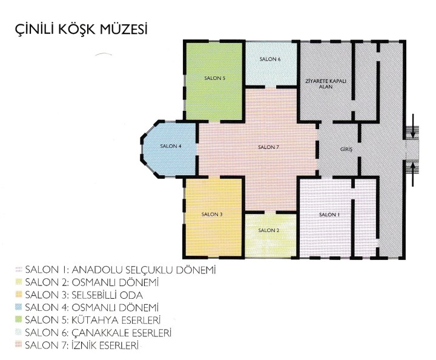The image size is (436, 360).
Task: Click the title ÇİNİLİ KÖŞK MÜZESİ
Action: pos(81,30)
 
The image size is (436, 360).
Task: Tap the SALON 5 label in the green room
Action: pos(214,78)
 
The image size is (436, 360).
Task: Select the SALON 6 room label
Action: pos(270,59)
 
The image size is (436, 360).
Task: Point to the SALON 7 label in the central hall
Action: pos(268,147)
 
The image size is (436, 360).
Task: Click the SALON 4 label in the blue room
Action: pos(171,146)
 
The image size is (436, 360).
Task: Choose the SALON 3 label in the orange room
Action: pos(212,214)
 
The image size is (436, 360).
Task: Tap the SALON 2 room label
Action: pos(269,230)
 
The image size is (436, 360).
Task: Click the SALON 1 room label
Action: pos(329,215)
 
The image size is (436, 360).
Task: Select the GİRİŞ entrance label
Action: pos(346,150)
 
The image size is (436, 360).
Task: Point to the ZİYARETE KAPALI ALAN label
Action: pos(326,84)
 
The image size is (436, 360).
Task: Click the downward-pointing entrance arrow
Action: pos(413,125)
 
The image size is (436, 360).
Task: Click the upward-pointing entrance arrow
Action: pos(413,174)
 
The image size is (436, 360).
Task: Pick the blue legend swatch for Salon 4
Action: pos(19,307)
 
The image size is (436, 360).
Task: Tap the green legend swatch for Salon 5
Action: pos(19,319)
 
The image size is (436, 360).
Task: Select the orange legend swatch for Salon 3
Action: pos(19,295)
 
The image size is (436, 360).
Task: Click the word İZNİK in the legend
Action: pos(84,345)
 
